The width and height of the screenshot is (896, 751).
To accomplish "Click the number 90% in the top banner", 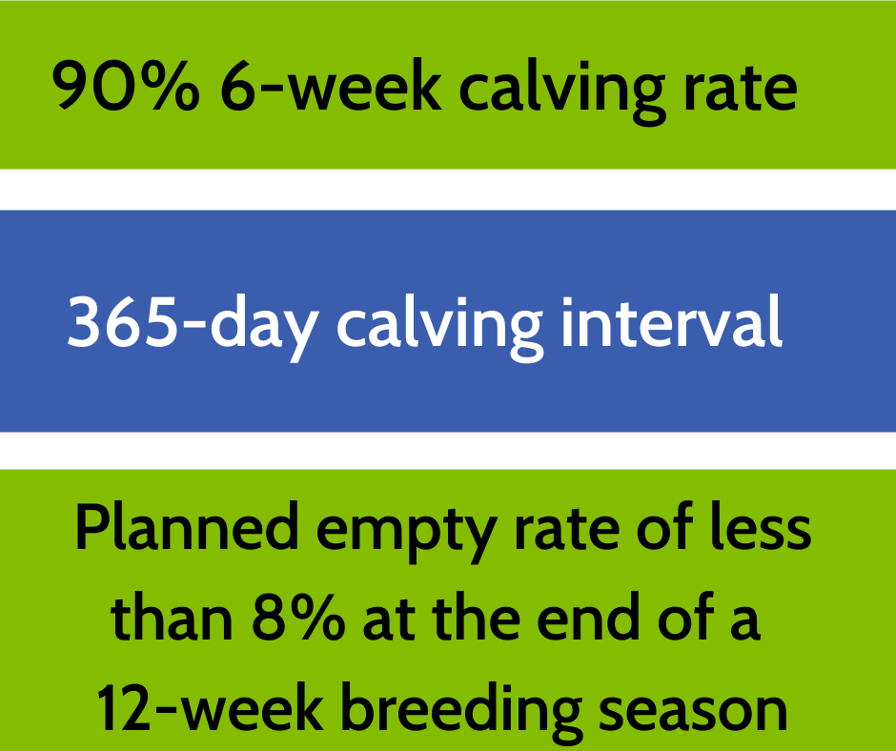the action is tap(126, 85).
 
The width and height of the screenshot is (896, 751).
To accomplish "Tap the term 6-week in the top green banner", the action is tap(331, 85).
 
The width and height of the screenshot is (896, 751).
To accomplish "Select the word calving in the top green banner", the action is tap(562, 91).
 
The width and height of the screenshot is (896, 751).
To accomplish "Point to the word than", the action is tap(172, 617).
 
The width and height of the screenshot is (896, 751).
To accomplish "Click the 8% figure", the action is tap(298, 618).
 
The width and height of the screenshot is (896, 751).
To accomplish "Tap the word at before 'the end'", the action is tap(389, 621).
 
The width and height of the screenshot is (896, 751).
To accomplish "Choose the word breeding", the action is tap(461, 713).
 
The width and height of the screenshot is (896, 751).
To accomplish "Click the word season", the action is tap(693, 712).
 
